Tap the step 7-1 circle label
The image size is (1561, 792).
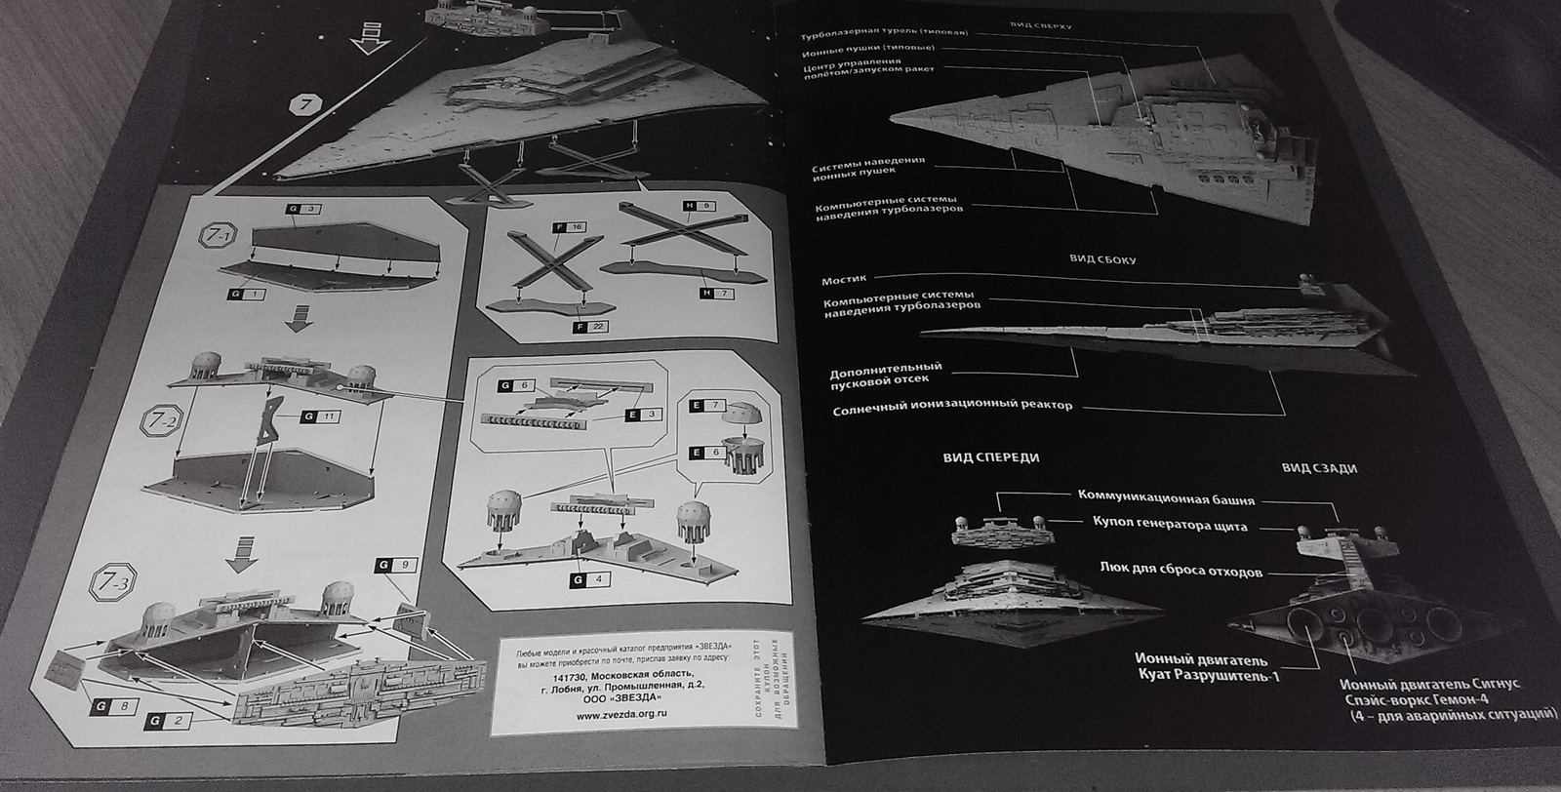217,237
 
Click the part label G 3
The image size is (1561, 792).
300,210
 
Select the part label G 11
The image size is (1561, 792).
321,416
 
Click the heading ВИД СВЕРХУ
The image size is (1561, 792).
1042,26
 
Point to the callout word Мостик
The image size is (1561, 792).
844,280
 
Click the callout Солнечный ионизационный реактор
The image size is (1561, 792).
952,407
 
